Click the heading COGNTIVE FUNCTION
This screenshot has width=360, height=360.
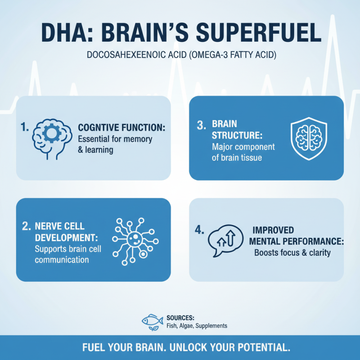[121, 128]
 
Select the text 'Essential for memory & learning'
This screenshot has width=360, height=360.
[115, 144]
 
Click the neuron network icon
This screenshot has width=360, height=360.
[135, 240]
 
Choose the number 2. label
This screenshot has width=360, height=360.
[26, 226]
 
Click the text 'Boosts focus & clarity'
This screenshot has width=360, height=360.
[292, 252]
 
